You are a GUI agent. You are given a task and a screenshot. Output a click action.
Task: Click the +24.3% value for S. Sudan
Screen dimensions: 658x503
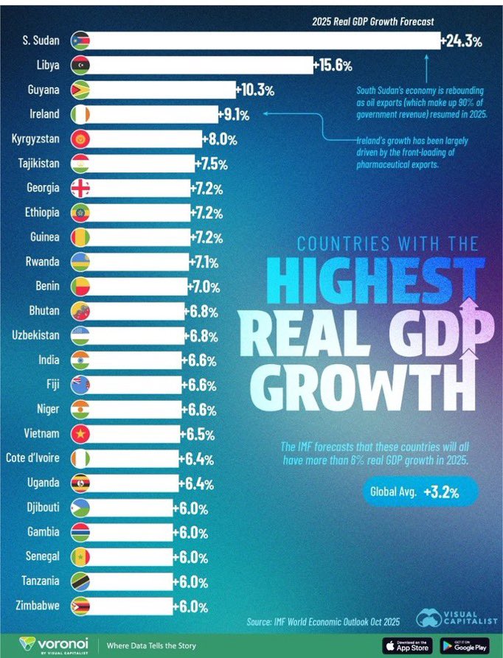click(x=462, y=42)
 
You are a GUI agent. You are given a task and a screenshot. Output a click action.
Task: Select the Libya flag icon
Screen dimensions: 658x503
click(x=80, y=66)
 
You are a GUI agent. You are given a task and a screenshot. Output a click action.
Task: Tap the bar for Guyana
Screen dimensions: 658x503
click(x=162, y=91)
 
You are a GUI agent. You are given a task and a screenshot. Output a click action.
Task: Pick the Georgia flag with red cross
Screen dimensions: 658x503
click(x=80, y=189)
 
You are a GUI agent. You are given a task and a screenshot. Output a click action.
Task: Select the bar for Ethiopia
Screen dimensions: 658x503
click(x=140, y=213)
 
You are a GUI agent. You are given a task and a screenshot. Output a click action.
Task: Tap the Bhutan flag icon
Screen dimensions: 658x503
click(x=80, y=311)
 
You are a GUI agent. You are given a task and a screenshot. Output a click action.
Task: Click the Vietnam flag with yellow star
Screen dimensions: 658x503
click(x=80, y=434)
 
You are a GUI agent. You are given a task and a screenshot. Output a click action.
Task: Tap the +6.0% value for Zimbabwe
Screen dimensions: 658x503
click(x=190, y=606)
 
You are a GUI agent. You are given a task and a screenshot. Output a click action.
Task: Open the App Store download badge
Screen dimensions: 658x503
click(x=407, y=645)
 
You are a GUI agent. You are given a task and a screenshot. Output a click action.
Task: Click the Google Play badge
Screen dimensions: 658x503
click(x=465, y=645)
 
